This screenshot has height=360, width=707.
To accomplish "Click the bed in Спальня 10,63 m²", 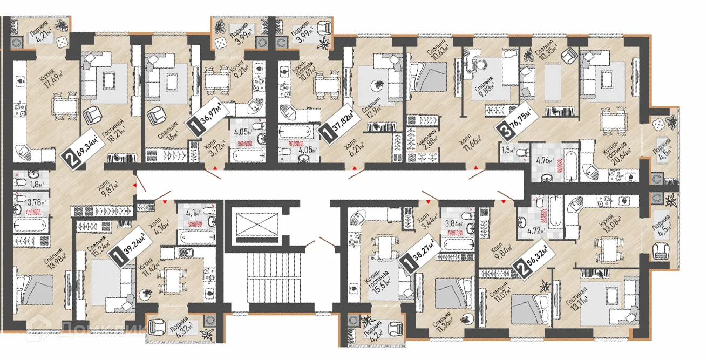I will coord(430,76).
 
